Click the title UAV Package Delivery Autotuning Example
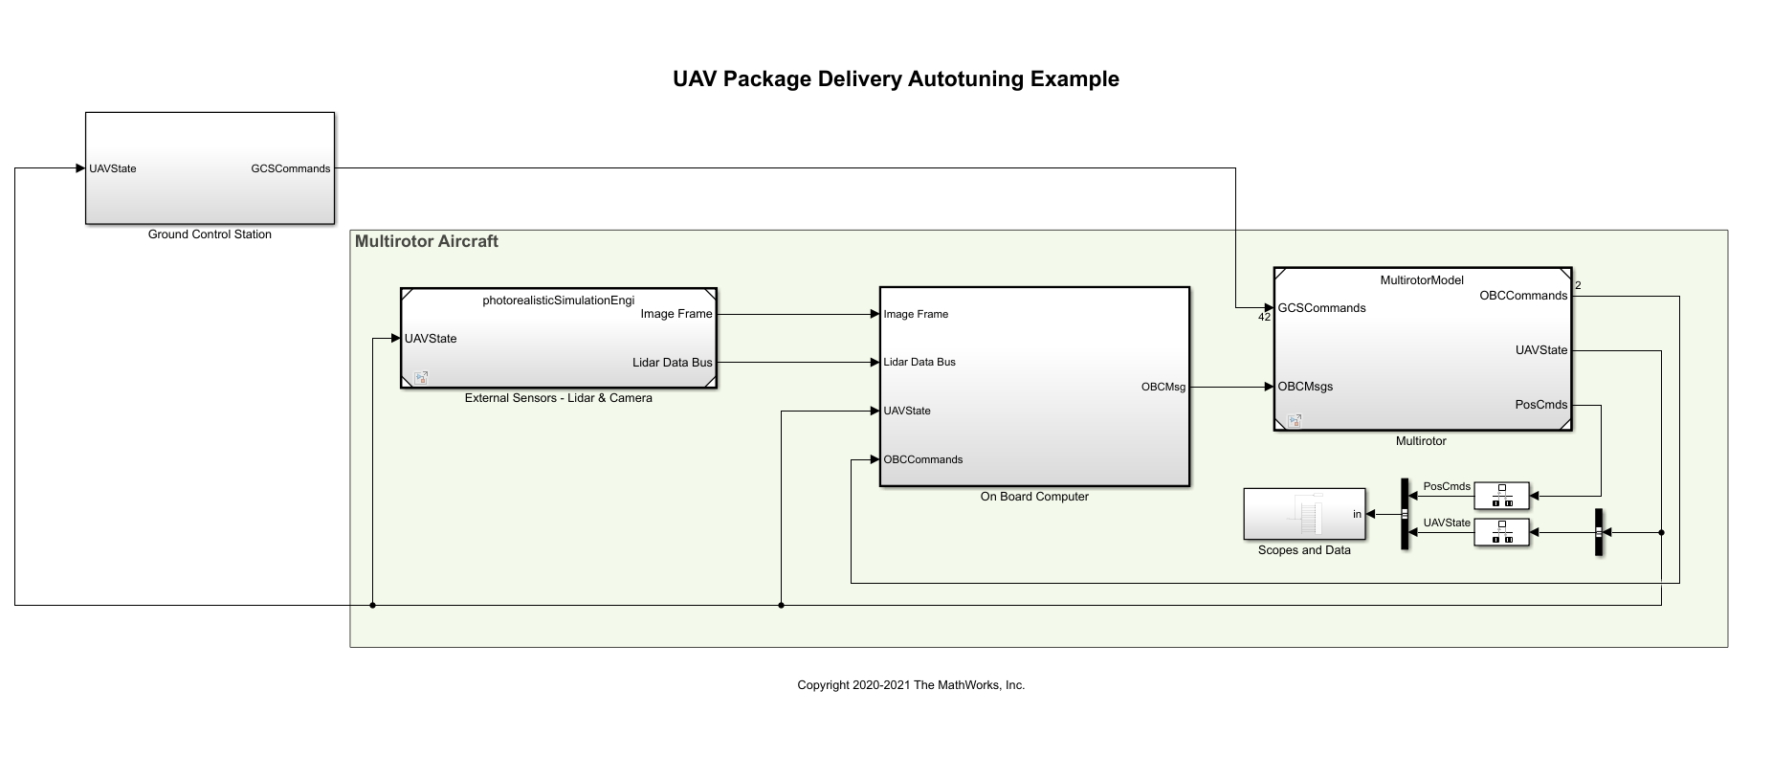coord(896,79)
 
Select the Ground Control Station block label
coord(210,234)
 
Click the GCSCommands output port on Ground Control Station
coord(290,168)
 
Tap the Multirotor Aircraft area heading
coord(426,242)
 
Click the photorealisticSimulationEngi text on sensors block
coord(558,300)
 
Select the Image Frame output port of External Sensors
coord(676,314)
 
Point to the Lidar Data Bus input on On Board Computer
coord(919,362)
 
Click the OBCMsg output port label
coord(1163,387)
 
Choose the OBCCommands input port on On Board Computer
coord(922,459)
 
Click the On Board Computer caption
coord(1034,497)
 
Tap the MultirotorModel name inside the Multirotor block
coord(1422,280)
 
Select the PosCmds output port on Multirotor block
coord(1540,405)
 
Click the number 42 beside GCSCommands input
coord(1264,318)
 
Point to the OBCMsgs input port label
coord(1305,387)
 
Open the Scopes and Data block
coord(1303,514)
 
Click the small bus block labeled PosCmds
coord(1501,496)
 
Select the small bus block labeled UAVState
coord(1501,532)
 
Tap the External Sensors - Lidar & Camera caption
coord(558,398)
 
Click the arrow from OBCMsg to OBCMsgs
coord(1231,387)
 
